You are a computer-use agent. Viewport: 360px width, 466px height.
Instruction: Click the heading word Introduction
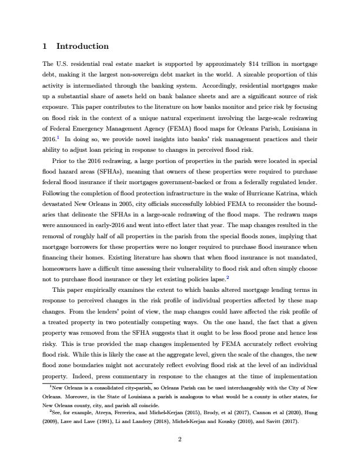point(82,46)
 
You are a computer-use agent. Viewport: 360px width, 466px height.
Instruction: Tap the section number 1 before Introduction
point(45,46)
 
